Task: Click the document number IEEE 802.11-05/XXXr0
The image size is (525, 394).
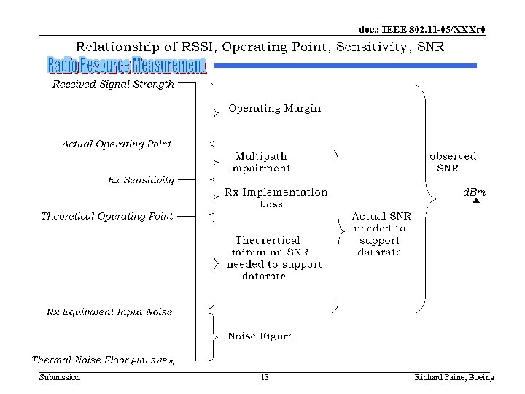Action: (x=422, y=30)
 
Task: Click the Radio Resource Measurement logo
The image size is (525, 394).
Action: (x=128, y=66)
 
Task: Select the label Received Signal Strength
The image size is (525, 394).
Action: (x=114, y=84)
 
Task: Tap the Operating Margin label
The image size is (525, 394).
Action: (x=274, y=108)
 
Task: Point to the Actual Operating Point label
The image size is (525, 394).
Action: (x=117, y=144)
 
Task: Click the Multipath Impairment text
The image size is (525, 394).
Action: (x=260, y=162)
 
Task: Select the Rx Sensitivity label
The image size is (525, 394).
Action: (x=141, y=179)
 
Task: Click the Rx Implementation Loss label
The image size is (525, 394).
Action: (x=276, y=198)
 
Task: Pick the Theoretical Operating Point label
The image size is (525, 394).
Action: (x=107, y=216)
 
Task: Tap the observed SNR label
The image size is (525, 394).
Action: (x=453, y=162)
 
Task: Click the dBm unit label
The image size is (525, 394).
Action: (x=475, y=193)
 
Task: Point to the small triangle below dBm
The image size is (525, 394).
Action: (x=475, y=202)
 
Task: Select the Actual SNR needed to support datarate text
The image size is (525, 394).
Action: (x=379, y=234)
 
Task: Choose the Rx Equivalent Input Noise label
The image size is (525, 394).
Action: (x=109, y=312)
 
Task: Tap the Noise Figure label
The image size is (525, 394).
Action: (x=260, y=336)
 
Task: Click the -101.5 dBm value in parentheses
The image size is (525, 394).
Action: (x=153, y=360)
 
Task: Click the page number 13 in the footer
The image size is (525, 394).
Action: (x=264, y=377)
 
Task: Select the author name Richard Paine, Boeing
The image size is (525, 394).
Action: (x=454, y=377)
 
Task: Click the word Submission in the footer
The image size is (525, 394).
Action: (x=60, y=377)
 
